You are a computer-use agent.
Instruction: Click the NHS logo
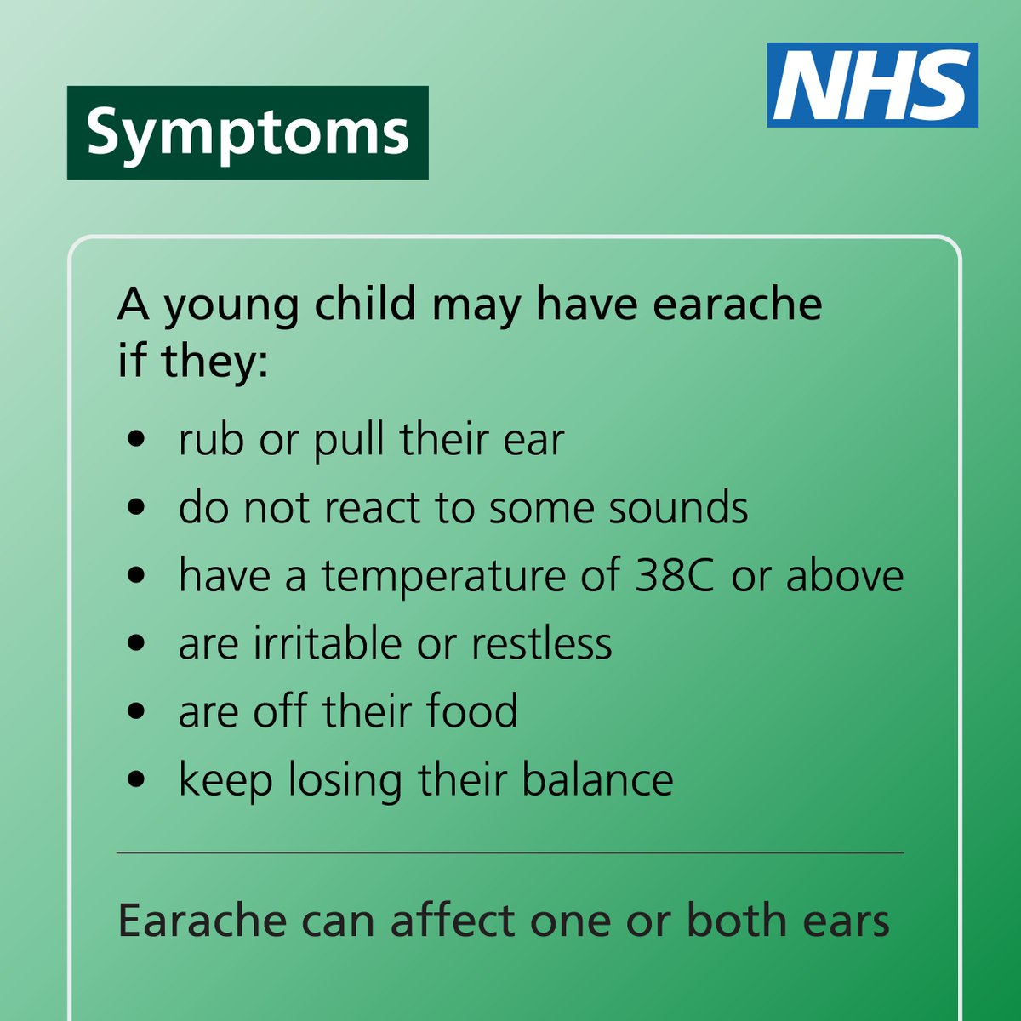tap(872, 85)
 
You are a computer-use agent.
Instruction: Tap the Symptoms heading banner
tap(248, 133)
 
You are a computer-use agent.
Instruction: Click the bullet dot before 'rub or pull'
tap(135, 441)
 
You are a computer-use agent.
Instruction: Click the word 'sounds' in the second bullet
tap(678, 507)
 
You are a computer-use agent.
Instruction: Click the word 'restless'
tap(541, 643)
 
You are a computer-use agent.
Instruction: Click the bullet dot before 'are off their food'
tap(135, 712)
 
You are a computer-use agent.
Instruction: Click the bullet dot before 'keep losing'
tap(135, 780)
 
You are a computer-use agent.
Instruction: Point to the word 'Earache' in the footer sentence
tap(202, 921)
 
